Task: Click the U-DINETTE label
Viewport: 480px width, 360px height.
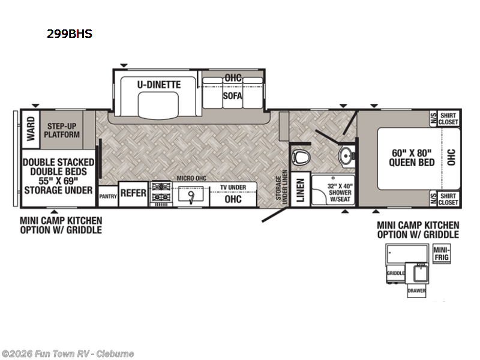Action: [x=159, y=85]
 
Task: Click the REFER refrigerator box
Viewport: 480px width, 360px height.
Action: [x=133, y=193]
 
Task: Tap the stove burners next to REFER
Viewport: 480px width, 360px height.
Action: [x=160, y=193]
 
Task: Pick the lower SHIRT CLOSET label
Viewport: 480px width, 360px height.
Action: [x=448, y=199]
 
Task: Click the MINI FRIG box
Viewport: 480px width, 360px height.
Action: [x=442, y=253]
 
